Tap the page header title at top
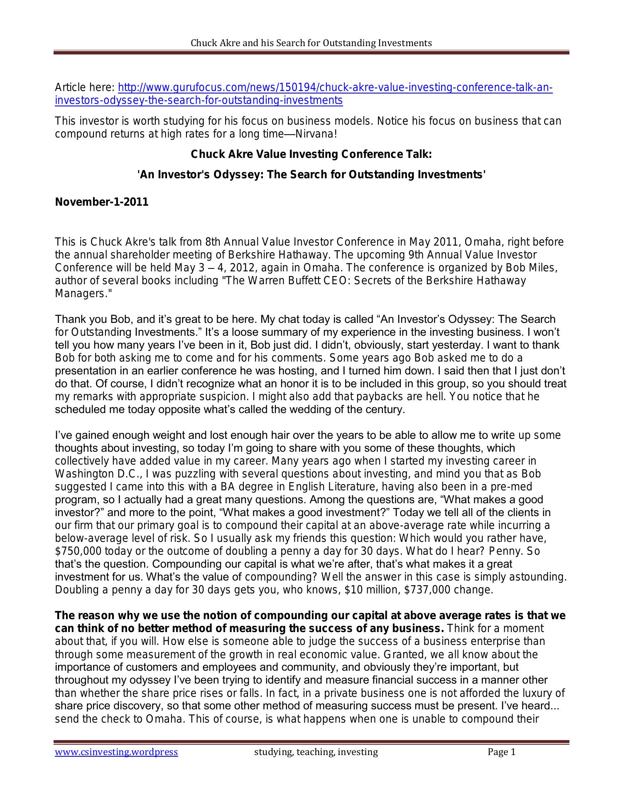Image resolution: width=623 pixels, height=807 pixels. pyautogui.click(x=311, y=43)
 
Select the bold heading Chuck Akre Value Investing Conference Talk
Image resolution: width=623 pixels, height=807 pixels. pyautogui.click(x=311, y=155)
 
